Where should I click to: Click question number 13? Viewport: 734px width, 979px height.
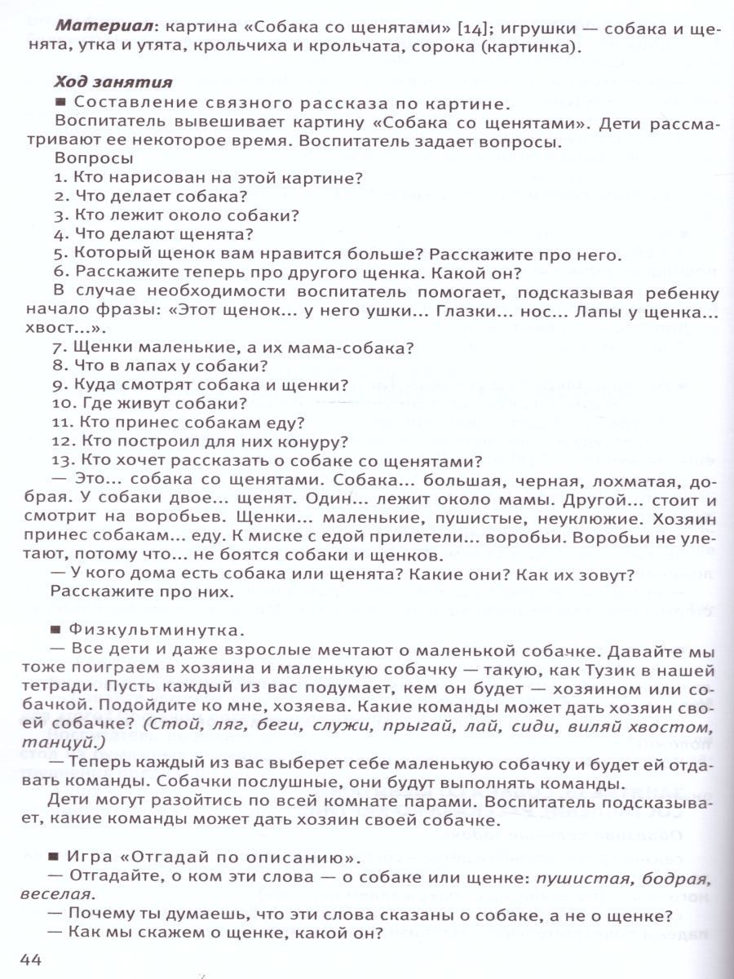(x=64, y=460)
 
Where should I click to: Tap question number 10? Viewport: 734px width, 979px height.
(x=64, y=404)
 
